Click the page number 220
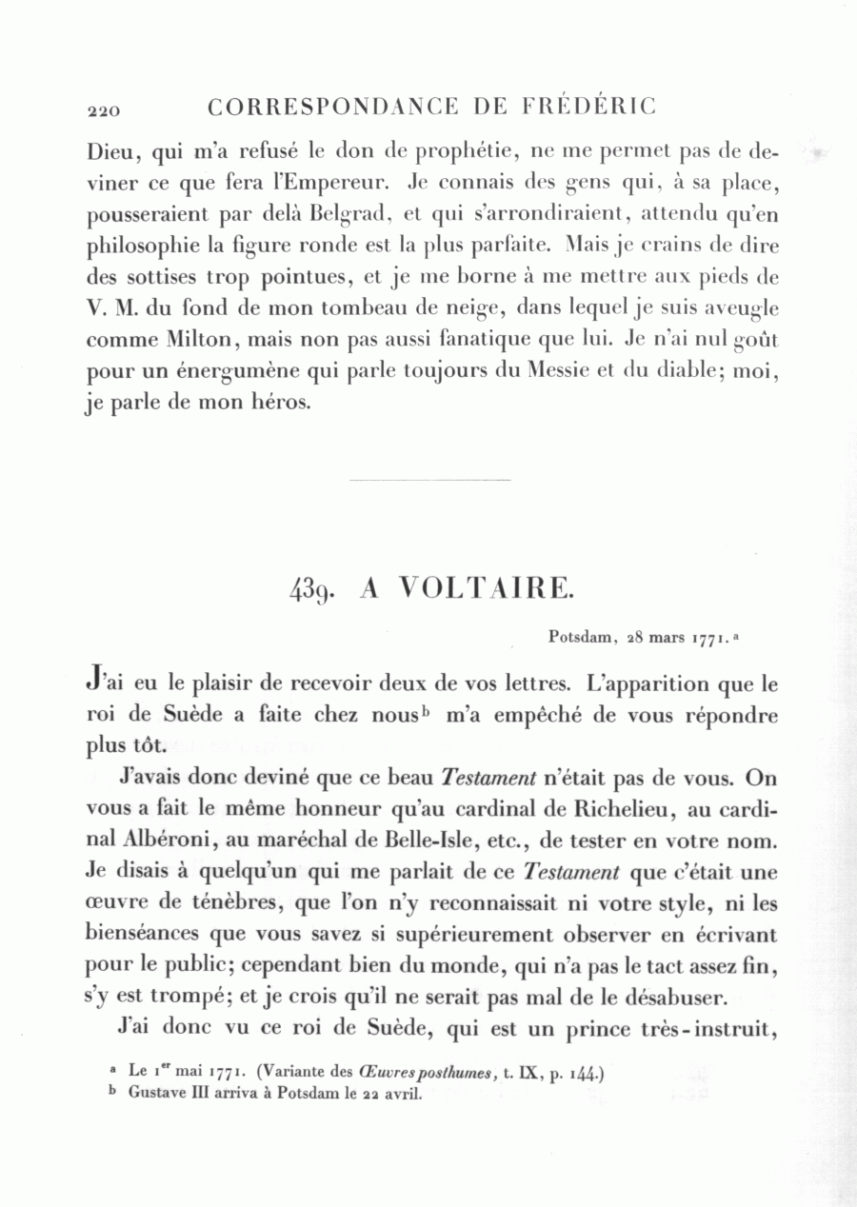(103, 110)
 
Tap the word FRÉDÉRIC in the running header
(589, 107)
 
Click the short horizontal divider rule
(430, 480)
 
